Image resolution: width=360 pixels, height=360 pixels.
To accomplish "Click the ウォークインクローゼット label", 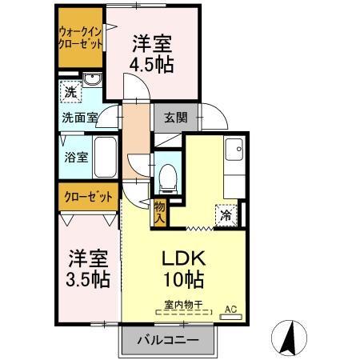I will (80, 38).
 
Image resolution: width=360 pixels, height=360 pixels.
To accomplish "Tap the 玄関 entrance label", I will (176, 117).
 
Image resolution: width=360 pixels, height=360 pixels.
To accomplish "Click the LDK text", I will (185, 258).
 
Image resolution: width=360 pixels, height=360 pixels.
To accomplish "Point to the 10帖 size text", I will (185, 280).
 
